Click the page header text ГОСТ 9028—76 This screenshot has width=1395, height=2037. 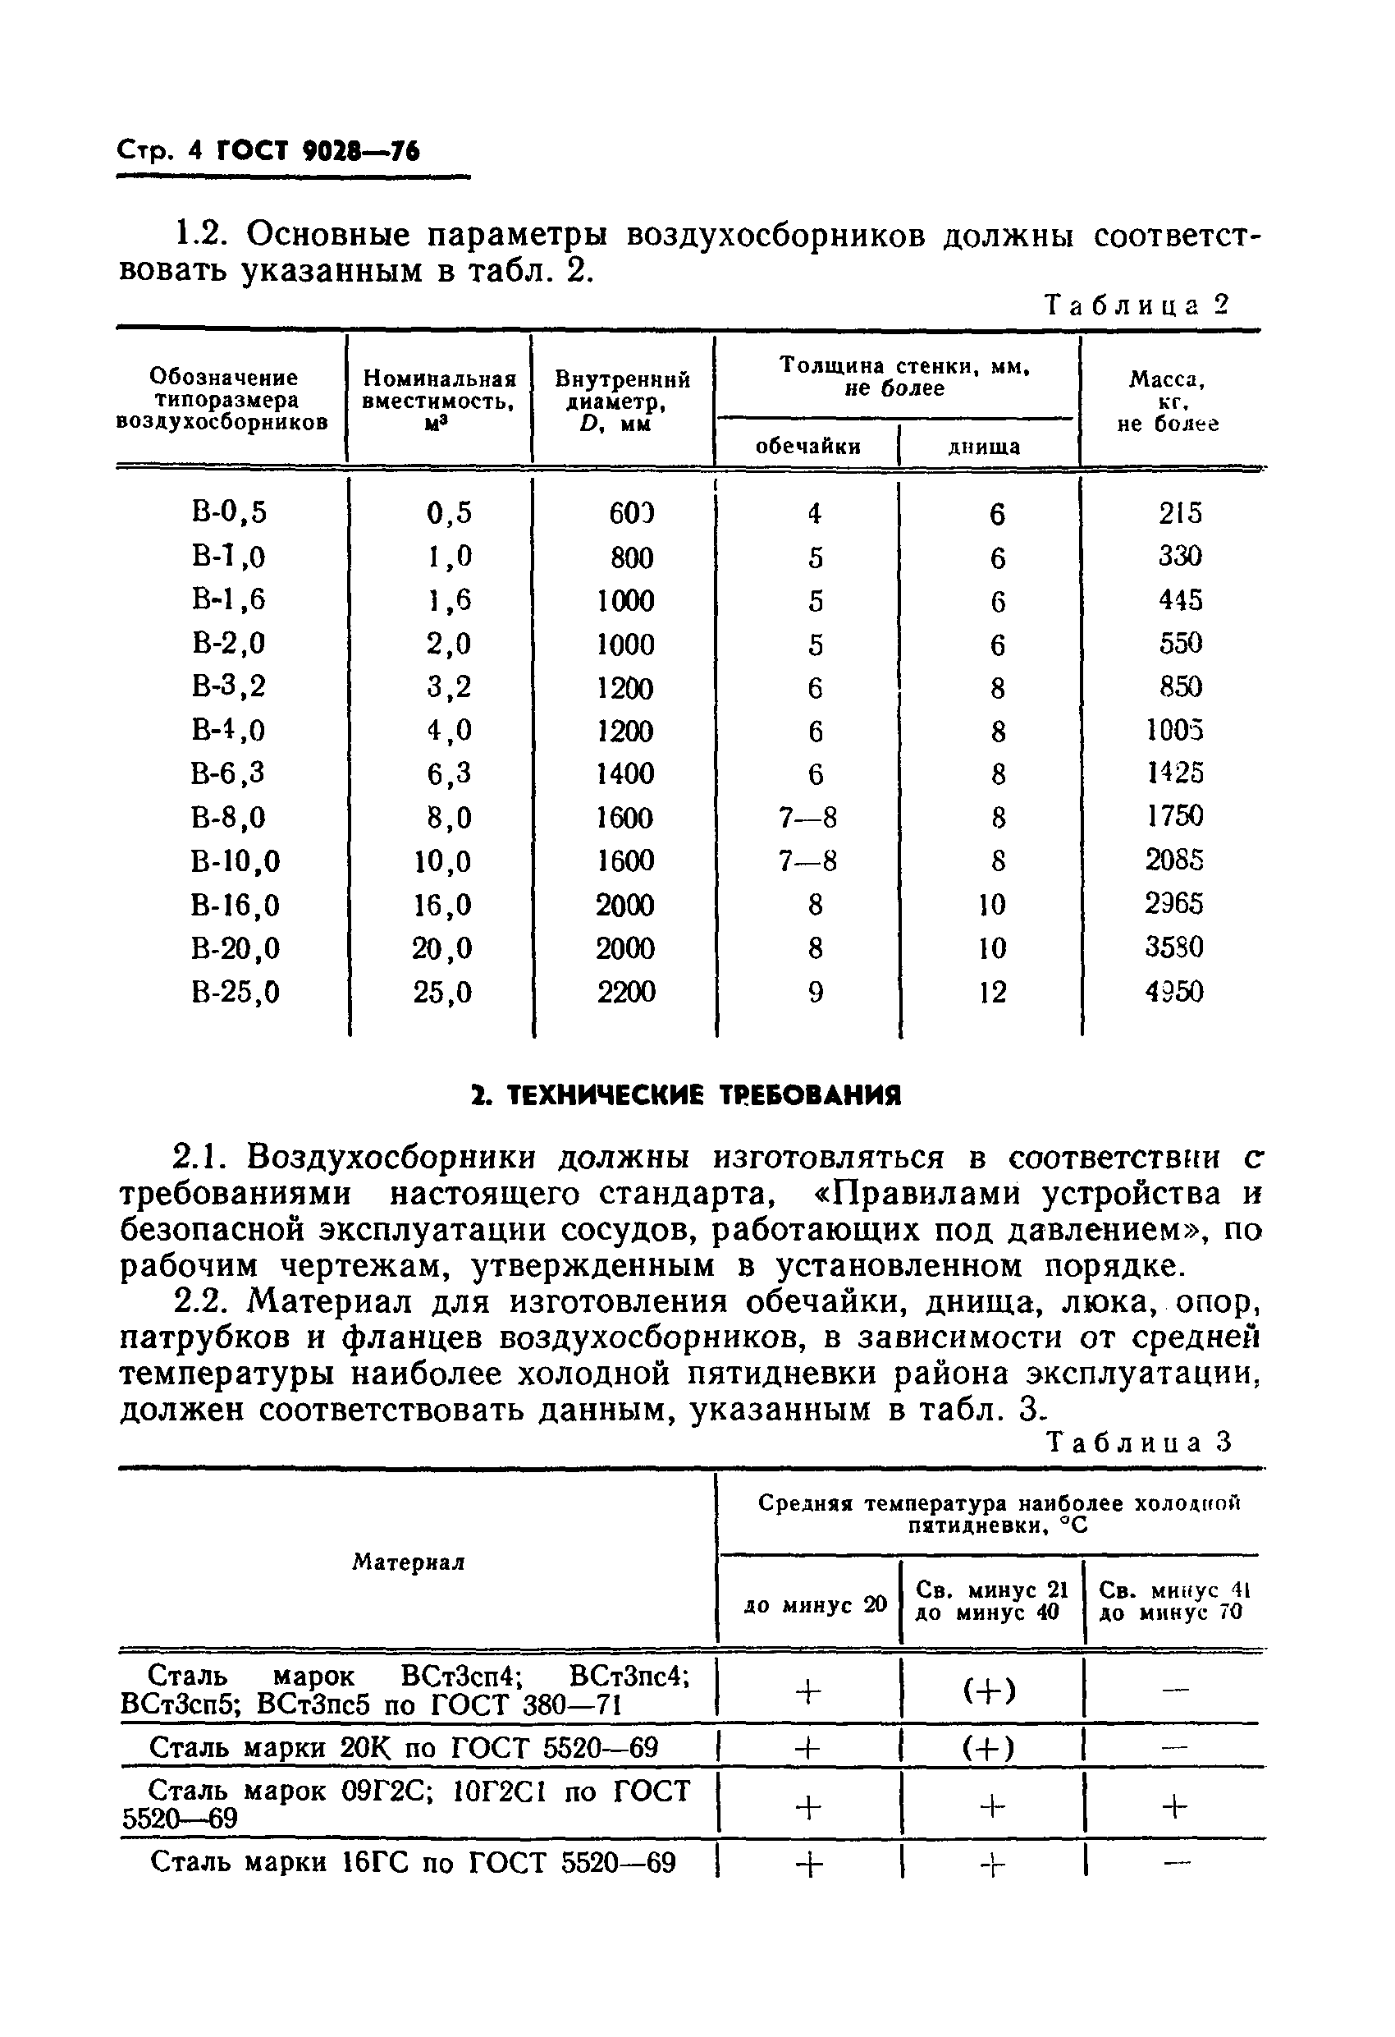[x=318, y=152]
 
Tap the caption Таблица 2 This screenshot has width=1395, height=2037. [x=1137, y=305]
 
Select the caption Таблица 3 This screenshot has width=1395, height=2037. [x=1139, y=1441]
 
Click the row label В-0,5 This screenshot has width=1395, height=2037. [x=229, y=512]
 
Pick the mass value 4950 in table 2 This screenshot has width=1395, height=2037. [x=1174, y=991]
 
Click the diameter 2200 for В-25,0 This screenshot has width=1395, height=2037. [x=625, y=992]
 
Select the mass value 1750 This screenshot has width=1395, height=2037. [x=1175, y=816]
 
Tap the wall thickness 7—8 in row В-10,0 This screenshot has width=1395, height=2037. [x=807, y=861]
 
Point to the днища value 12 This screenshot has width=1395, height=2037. [x=992, y=992]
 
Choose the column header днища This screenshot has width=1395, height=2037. [x=984, y=447]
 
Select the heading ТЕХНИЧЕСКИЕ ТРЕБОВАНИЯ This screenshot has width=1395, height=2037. [x=685, y=1095]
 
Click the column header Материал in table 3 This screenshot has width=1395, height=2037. [x=409, y=1562]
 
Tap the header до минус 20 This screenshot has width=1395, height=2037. [x=815, y=1605]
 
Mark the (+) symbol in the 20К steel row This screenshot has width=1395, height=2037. [x=990, y=1749]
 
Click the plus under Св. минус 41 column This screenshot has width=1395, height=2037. [x=1174, y=1806]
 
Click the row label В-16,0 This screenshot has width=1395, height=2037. [x=235, y=905]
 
